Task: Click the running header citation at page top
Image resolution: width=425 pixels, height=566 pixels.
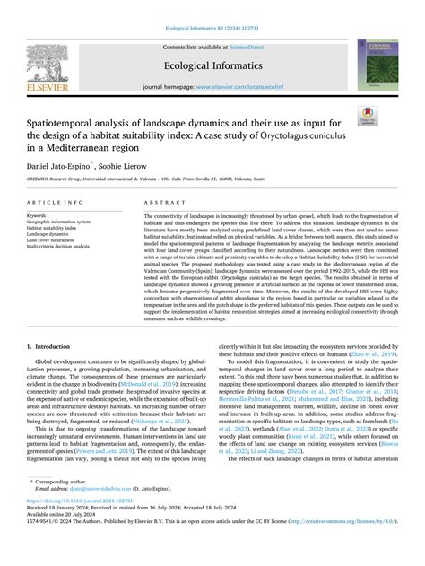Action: tap(212, 6)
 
